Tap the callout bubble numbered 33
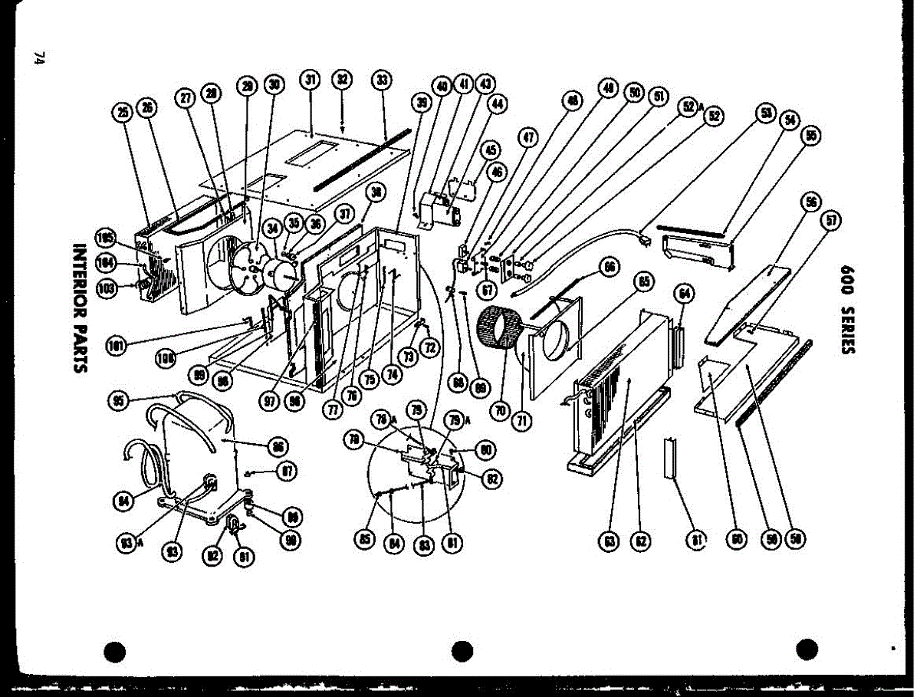click(x=382, y=80)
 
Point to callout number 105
click(x=106, y=235)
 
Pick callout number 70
click(x=501, y=411)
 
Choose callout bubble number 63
click(x=609, y=541)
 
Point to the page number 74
click(x=39, y=60)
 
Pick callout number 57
click(x=830, y=221)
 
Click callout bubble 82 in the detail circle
click(x=492, y=479)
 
